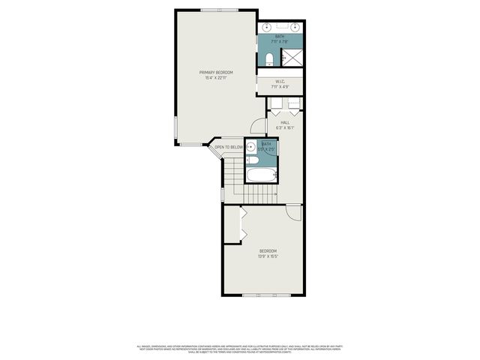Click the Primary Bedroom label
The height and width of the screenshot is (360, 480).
click(215, 72)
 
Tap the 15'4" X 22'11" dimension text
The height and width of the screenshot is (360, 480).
click(215, 77)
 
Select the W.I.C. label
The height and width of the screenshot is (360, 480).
click(279, 82)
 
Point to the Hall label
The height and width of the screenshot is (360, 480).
click(285, 122)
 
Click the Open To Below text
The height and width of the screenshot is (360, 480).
click(229, 147)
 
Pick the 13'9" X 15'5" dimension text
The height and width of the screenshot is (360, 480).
click(268, 256)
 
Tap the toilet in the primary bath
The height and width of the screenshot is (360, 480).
click(269, 58)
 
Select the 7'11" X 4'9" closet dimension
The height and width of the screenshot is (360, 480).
click(279, 87)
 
